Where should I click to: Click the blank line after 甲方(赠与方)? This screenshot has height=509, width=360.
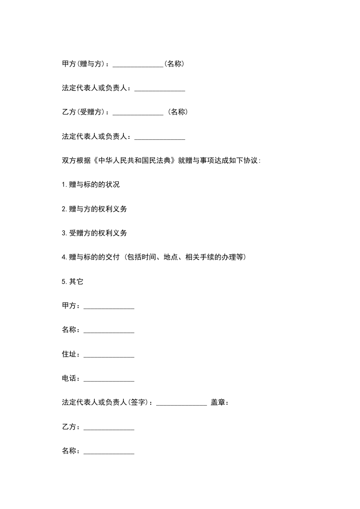[138, 65]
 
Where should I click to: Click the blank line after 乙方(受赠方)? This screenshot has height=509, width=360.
[138, 113]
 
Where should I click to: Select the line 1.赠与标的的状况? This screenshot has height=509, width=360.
[91, 185]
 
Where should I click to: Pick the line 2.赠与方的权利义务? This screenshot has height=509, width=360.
[94, 209]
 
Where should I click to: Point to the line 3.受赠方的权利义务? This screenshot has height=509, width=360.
[94, 233]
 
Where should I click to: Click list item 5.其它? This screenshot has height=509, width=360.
[73, 281]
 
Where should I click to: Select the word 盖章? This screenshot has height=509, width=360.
[218, 402]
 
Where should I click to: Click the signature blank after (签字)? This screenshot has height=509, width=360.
[182, 403]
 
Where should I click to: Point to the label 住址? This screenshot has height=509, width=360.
[69, 354]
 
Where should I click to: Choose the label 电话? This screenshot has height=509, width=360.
[69, 378]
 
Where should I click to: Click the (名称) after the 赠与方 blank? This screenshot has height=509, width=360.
[174, 64]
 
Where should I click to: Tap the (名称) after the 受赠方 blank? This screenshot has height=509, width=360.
[178, 113]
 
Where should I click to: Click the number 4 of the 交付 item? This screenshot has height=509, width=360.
[64, 257]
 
